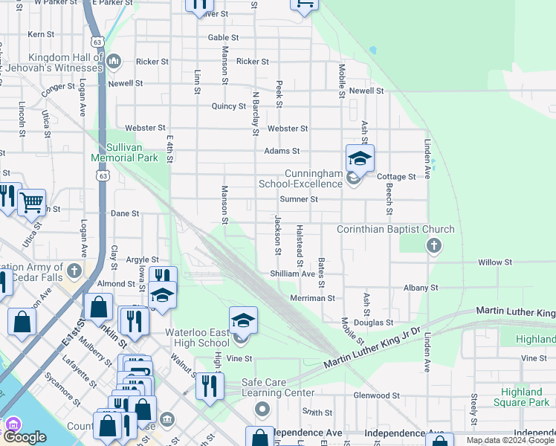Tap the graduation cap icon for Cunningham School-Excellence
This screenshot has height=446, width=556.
click(360, 159)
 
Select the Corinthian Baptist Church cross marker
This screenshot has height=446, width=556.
click(434, 245)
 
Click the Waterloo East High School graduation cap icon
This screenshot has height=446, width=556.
click(243, 320)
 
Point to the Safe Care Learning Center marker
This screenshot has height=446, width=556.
click(262, 409)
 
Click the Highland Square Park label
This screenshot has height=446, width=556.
click(521, 397)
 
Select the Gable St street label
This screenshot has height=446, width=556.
click(223, 37)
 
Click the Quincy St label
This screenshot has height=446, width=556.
click(228, 106)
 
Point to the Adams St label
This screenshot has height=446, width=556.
click(282, 151)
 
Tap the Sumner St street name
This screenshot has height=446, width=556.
click(299, 199)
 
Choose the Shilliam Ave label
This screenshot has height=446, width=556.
click(293, 274)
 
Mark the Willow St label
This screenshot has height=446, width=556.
click(495, 262)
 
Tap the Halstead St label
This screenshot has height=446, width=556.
click(300, 245)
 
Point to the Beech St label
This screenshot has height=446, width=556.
click(388, 194)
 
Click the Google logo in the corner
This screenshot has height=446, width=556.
click(25, 437)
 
